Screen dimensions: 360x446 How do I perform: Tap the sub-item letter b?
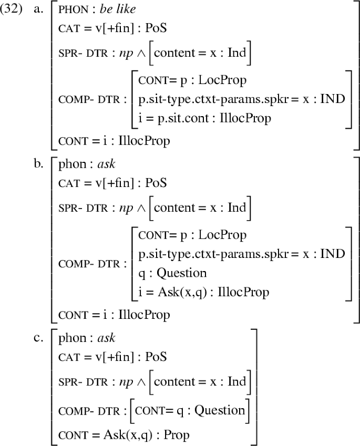point(38,163)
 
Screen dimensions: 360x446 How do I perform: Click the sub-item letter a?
point(38,11)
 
